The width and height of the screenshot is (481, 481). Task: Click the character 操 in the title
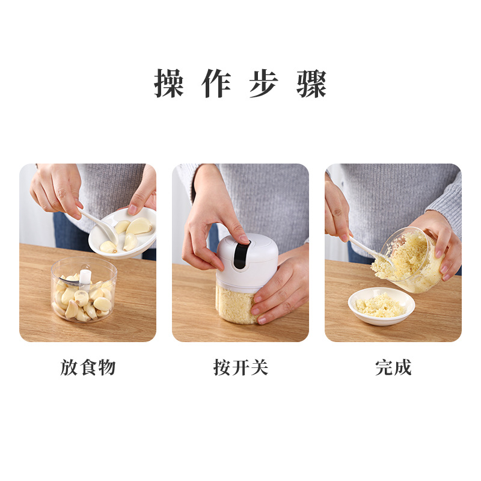(169, 84)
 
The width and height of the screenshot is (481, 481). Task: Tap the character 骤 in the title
(311, 84)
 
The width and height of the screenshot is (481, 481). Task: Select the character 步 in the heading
(264, 84)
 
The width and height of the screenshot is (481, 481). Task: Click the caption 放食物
(88, 367)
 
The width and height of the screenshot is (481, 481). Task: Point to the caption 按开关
(240, 367)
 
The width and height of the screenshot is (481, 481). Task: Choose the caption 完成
(393, 367)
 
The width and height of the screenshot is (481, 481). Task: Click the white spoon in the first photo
(99, 222)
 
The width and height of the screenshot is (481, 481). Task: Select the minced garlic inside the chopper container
(234, 304)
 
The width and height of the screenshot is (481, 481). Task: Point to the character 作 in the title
(216, 84)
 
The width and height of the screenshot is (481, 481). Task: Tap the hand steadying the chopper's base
(283, 289)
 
